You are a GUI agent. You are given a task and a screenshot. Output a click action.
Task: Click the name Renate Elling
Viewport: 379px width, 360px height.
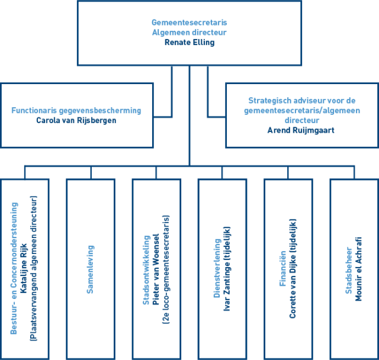[189, 43]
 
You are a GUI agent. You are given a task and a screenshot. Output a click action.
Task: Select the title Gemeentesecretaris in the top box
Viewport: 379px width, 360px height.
[189, 23]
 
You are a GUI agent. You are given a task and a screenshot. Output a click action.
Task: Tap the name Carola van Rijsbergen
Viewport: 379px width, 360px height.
[76, 120]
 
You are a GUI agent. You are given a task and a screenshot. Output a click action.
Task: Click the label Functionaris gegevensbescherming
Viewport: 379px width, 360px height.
[76, 110]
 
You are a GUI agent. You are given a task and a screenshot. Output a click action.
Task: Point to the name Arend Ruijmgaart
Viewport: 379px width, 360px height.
[301, 130]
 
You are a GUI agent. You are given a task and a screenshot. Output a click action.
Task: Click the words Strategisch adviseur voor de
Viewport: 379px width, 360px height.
[301, 100]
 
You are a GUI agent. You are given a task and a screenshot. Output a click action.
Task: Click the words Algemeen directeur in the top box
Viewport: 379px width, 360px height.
[189, 33]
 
